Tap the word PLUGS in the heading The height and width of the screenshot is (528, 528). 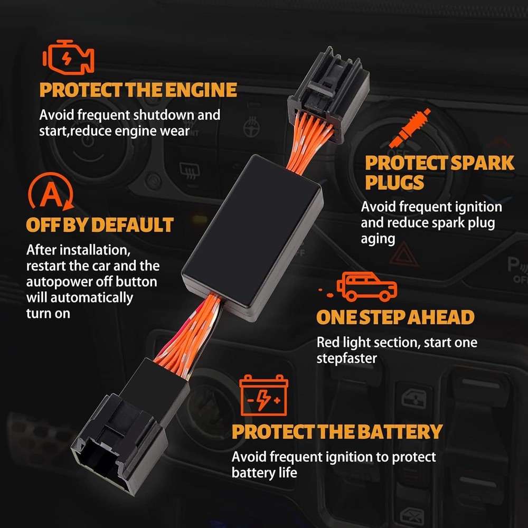[x=395, y=183]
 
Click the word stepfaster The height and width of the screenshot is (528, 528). [x=346, y=359]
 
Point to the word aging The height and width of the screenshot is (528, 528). [x=378, y=239]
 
